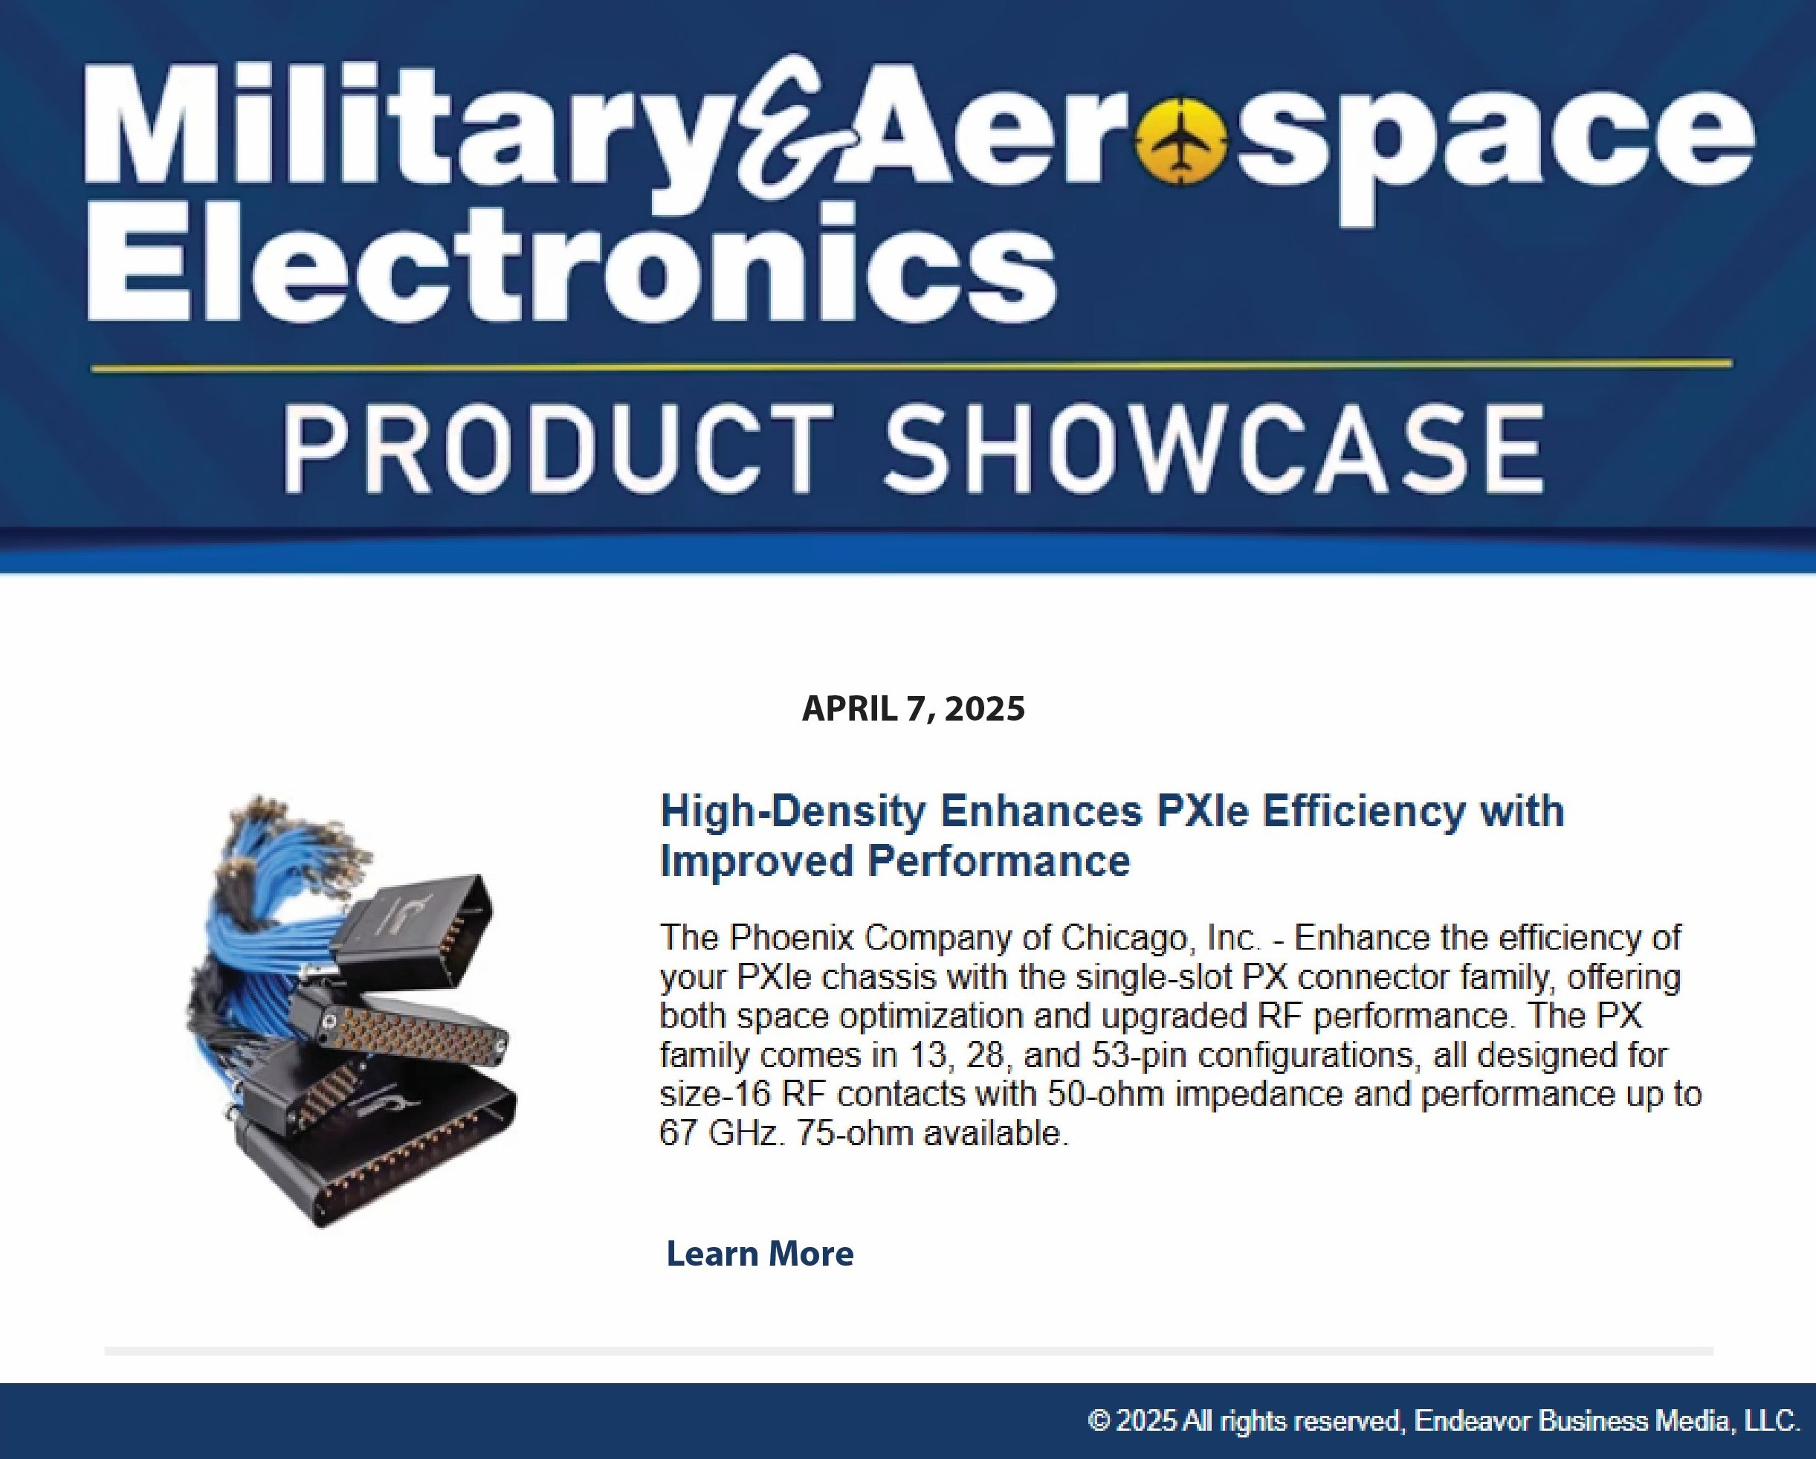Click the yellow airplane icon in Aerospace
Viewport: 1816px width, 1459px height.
coord(1181,141)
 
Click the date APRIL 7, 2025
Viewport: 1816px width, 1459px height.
coord(914,709)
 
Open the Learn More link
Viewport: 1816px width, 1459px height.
coord(760,1254)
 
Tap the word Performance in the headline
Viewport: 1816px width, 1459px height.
coord(999,861)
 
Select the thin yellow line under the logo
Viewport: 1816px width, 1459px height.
coord(911,367)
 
